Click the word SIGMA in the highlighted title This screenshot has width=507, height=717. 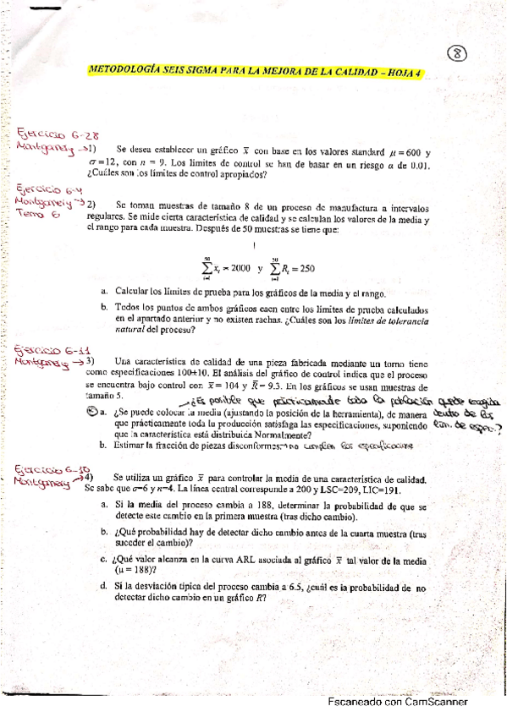187,74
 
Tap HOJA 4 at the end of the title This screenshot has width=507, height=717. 404,74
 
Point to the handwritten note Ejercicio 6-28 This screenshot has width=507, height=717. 48,133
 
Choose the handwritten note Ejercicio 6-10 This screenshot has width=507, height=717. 48,470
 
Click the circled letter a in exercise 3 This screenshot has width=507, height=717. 92,412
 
